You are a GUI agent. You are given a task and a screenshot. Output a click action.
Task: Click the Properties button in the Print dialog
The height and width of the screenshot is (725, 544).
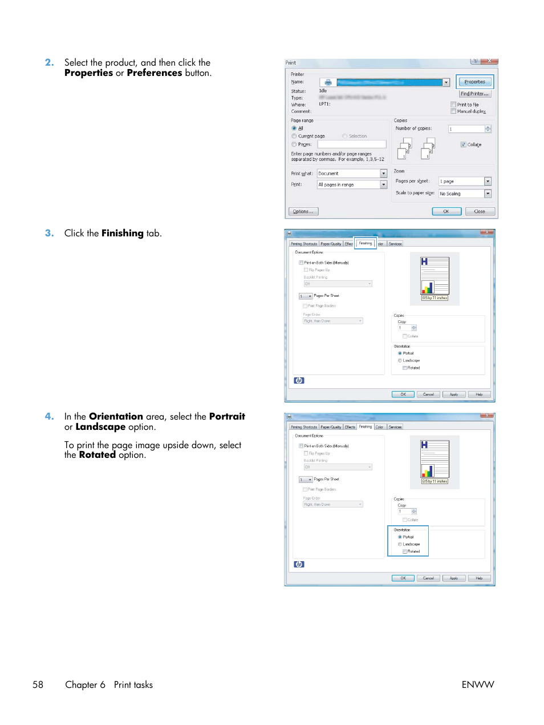click(x=474, y=82)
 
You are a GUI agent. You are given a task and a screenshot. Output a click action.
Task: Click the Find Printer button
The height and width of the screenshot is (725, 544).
click(x=474, y=94)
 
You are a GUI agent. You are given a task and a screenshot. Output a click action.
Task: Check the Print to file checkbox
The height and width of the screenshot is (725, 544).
click(x=453, y=105)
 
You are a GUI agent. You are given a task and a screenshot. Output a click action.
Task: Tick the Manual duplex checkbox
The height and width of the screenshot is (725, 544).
click(x=453, y=111)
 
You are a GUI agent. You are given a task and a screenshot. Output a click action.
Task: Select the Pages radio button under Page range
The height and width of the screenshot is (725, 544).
click(x=294, y=144)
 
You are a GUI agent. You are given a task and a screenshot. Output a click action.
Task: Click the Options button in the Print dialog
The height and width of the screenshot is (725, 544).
click(x=303, y=212)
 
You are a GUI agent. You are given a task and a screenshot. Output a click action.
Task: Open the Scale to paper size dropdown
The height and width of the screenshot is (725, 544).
click(x=488, y=194)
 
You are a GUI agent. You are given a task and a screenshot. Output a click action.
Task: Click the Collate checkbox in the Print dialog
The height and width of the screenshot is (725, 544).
click(x=463, y=145)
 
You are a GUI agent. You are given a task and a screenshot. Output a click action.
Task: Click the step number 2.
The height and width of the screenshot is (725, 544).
click(x=50, y=63)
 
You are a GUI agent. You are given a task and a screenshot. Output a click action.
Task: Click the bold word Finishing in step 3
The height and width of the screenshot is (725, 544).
click(x=122, y=233)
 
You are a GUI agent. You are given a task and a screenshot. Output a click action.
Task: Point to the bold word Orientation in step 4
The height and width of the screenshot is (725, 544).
click(x=116, y=417)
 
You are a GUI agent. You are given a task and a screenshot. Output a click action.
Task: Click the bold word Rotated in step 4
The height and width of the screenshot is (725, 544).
click(x=97, y=455)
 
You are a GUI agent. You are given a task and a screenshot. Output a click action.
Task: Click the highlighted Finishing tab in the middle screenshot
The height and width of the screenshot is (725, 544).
click(x=366, y=243)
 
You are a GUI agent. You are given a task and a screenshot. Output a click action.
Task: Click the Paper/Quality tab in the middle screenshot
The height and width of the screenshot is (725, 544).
click(x=331, y=244)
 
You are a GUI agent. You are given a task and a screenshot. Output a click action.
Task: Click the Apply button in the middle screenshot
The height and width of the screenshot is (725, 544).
click(x=454, y=394)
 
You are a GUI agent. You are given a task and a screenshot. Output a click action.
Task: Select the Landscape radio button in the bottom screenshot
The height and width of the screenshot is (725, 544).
click(x=400, y=544)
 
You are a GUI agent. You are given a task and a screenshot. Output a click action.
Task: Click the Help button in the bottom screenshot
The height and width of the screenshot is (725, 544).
click(x=479, y=578)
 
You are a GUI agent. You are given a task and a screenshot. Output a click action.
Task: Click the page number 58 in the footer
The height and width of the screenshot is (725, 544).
click(x=38, y=685)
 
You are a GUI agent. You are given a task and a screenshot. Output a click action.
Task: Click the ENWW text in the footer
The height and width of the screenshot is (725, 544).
click(x=477, y=685)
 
